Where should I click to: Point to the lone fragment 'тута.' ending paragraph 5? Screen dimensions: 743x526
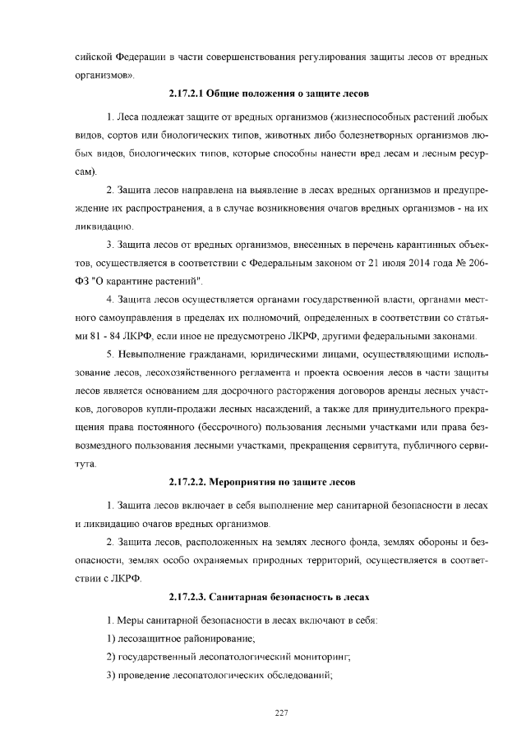pyautogui.click(x=86, y=463)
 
